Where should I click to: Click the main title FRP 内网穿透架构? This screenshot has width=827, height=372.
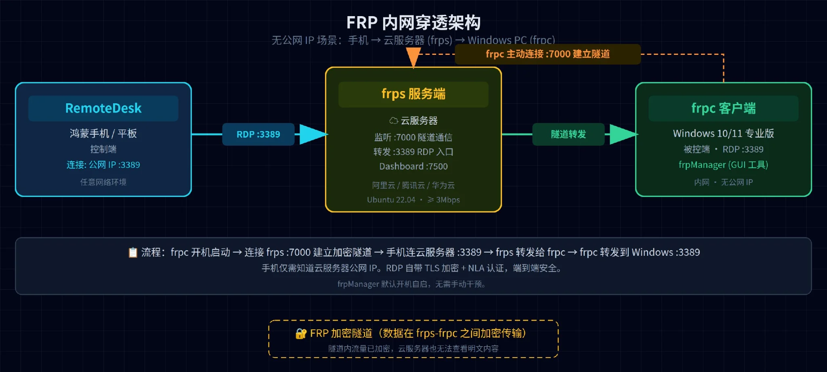[413, 23]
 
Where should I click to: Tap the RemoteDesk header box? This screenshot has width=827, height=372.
[103, 108]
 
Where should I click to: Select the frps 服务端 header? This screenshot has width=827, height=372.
[413, 94]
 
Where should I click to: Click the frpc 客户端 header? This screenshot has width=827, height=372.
[724, 108]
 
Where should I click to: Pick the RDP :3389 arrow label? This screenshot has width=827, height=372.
[258, 134]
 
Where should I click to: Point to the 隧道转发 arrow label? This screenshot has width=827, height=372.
[569, 134]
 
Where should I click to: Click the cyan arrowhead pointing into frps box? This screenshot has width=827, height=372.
[313, 134]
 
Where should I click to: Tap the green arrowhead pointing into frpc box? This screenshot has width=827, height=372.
[623, 134]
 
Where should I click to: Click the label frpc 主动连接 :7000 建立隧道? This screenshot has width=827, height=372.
[548, 54]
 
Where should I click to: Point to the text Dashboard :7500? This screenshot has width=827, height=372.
[413, 166]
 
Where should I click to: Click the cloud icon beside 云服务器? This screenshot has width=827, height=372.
[393, 121]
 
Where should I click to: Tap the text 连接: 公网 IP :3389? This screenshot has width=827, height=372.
[103, 165]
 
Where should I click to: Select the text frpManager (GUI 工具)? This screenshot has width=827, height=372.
[724, 165]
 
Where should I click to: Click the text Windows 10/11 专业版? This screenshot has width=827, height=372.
[724, 133]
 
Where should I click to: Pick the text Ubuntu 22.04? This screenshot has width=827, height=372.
[391, 200]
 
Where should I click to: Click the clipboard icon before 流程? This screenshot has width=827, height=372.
[133, 252]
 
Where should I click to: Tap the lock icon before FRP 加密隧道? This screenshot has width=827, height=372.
[301, 333]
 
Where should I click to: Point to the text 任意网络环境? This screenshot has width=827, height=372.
[103, 182]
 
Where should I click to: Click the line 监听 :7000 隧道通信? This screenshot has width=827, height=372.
[413, 137]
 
